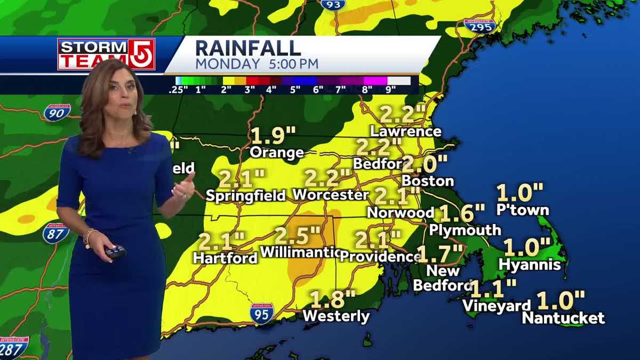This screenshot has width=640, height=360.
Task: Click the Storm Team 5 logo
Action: [106, 54]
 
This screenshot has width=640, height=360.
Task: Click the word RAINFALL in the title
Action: [248, 47]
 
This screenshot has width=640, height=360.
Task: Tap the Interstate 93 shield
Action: [333, 4]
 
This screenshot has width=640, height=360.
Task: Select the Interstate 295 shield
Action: [479, 25]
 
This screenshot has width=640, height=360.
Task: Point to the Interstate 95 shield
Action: [262, 313]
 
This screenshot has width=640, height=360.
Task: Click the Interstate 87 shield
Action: [55, 234]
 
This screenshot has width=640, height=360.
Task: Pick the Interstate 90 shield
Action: [57, 112]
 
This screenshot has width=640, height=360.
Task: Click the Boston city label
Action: [428, 181]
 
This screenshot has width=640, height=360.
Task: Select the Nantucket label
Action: [563, 318]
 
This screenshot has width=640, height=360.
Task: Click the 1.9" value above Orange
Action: [273, 135]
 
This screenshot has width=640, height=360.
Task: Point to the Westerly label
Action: [336, 316]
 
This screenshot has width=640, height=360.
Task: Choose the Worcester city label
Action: [330, 195]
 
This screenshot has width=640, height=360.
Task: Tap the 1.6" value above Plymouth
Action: [462, 213]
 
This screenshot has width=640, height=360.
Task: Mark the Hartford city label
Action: [225, 258]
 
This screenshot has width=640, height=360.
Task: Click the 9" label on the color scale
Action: [391, 90]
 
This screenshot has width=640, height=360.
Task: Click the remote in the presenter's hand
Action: [114, 251]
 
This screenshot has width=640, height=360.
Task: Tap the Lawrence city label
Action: [406, 131]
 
